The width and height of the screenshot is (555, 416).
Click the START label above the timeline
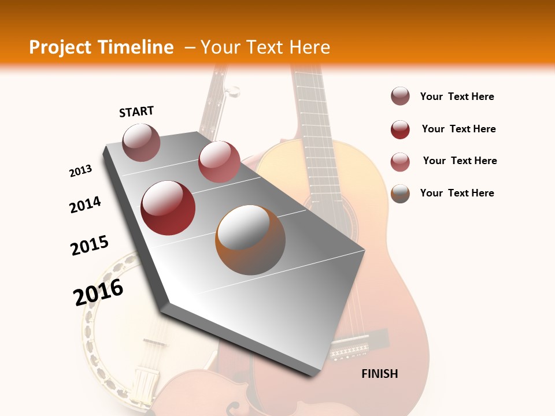coord(136,112)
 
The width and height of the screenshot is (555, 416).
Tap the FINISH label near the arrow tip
coord(380,374)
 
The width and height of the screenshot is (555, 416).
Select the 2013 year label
coord(80,171)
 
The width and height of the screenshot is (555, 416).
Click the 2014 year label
coord(85,205)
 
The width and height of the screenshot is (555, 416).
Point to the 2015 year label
coord(90,246)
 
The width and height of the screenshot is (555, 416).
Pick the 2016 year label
coord(98,292)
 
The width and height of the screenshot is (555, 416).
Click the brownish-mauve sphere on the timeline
coord(141,142)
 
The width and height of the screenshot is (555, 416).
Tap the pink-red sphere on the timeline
coord(219,162)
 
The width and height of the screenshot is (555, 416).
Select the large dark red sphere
coord(168,208)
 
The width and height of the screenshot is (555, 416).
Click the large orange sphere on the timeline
coord(250,239)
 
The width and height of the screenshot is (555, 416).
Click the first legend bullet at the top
coord(400,96)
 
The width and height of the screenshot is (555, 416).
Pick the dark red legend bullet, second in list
coord(400,129)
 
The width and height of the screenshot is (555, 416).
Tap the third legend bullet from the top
coord(400,161)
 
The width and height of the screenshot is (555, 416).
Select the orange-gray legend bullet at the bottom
coord(400,194)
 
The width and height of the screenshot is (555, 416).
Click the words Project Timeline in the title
coord(101,47)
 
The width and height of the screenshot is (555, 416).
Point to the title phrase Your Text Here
coord(265,47)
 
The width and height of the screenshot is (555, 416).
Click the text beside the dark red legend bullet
coord(458,129)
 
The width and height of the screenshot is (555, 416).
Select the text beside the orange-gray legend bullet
coord(457,193)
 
